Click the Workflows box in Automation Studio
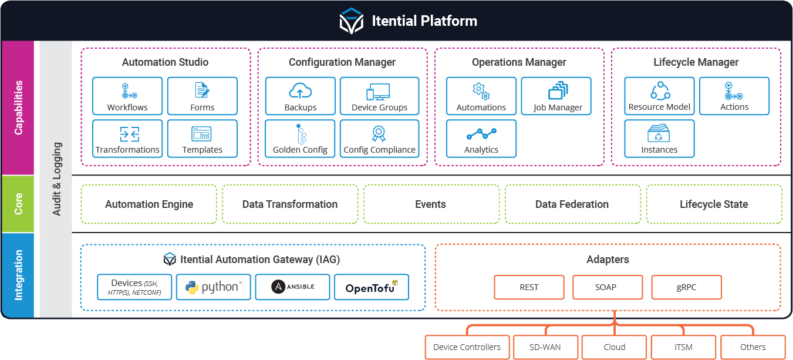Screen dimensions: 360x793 point(127,96)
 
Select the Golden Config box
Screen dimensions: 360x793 point(300,139)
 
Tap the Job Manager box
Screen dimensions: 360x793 point(556,96)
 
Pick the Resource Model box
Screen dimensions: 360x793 point(659,96)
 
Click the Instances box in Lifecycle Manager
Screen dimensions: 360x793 point(659,139)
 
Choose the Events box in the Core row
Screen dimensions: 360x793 point(431,204)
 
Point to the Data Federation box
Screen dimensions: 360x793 point(572,204)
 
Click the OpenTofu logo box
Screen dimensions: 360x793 point(372,287)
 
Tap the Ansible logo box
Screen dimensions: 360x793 point(293,287)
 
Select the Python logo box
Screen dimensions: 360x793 point(214,287)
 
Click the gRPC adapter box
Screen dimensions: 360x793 point(686,287)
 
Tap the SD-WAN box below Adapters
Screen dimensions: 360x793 point(545,347)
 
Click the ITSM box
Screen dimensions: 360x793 point(683,347)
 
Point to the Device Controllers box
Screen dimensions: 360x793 point(467,347)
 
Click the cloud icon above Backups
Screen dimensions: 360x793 point(301,91)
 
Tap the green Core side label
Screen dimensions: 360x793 point(18,204)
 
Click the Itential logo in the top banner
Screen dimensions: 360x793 point(351,21)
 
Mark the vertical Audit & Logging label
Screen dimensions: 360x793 point(56,179)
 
